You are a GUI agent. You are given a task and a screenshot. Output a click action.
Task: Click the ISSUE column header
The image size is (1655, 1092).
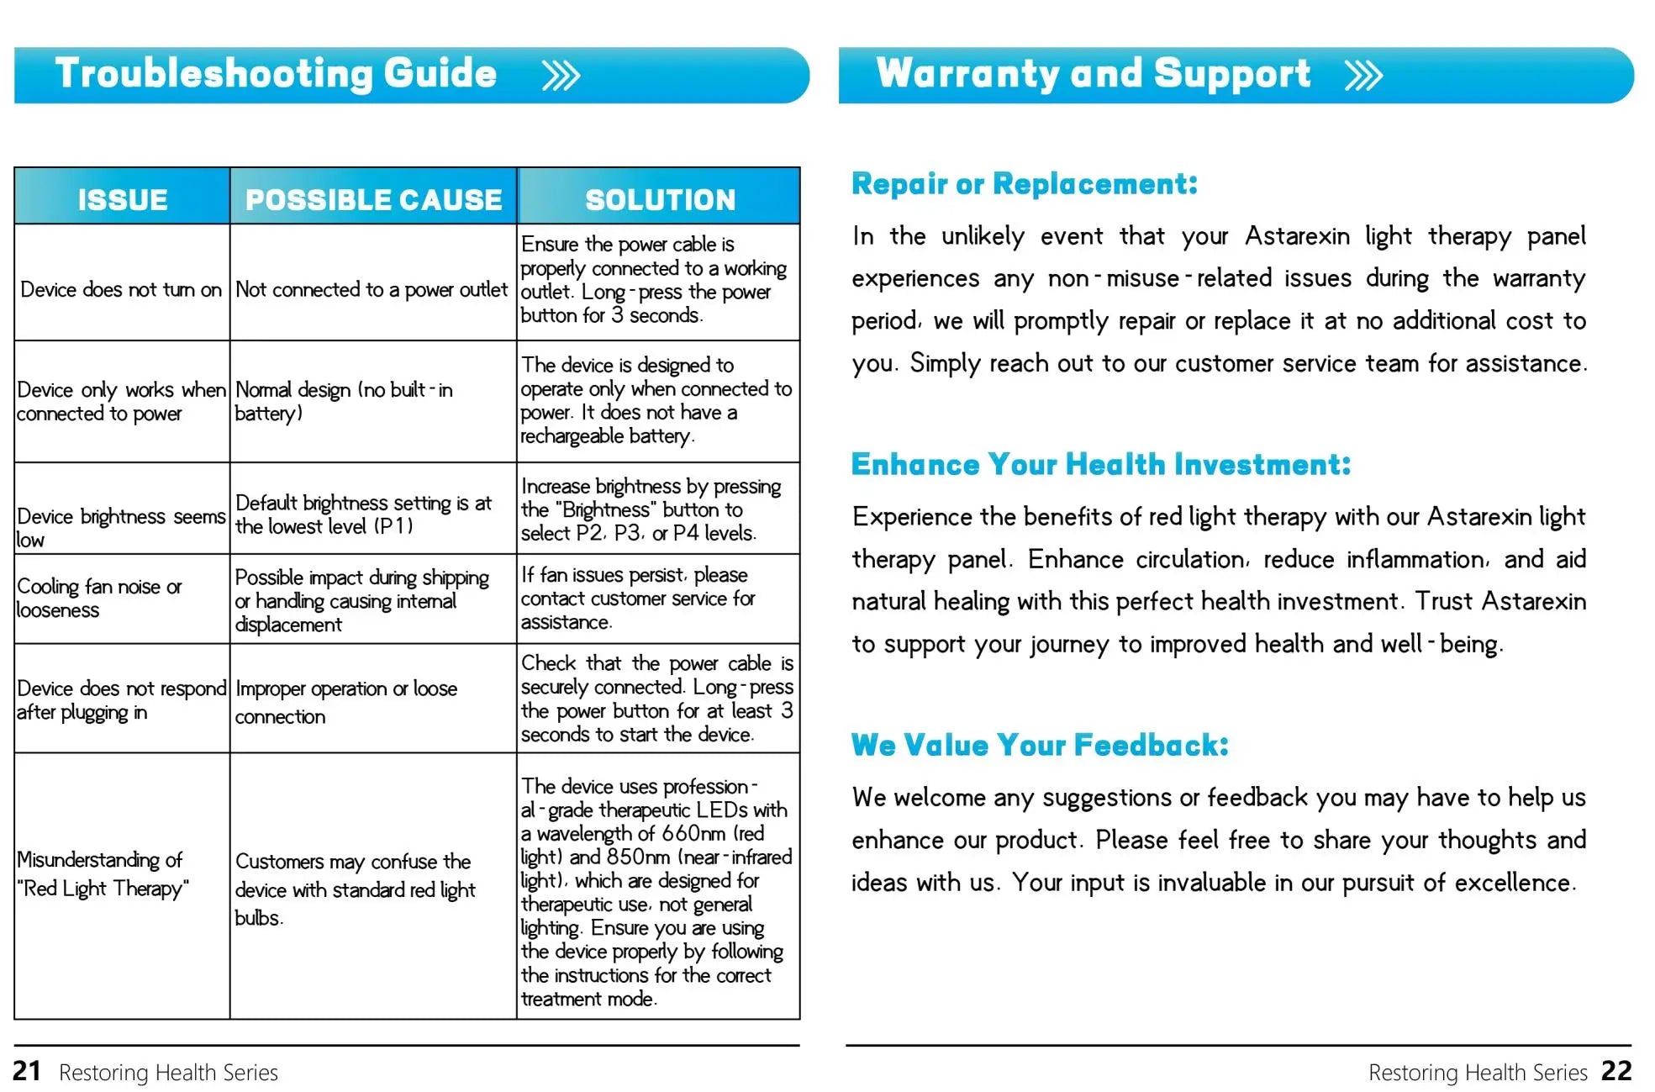tap(123, 199)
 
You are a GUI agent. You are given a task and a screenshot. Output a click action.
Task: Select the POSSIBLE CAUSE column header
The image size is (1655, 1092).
tap(373, 199)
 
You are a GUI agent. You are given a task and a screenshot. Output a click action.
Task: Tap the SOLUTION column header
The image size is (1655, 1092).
tap(660, 199)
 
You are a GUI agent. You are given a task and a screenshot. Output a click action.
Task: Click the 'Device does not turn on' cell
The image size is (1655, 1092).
tap(121, 290)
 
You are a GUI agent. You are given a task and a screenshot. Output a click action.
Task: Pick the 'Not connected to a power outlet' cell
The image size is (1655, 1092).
tap(372, 290)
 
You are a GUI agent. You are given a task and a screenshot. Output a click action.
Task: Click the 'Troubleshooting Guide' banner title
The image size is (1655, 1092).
tap(276, 74)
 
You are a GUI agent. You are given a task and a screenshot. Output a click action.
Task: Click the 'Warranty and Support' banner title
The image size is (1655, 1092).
tap(1093, 74)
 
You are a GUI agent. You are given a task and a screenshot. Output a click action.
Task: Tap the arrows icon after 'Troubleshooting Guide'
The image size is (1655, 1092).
tap(561, 76)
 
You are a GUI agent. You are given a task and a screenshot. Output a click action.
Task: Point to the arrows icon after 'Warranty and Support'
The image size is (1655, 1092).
tap(1363, 76)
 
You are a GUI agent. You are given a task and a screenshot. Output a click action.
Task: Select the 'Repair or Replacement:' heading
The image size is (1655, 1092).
tap(1024, 184)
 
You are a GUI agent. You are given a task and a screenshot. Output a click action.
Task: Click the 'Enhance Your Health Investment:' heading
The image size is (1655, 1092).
tap(1100, 465)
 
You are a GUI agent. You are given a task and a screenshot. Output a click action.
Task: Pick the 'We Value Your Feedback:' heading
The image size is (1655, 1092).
tap(1040, 746)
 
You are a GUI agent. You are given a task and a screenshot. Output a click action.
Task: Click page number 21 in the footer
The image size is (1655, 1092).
tap(27, 1071)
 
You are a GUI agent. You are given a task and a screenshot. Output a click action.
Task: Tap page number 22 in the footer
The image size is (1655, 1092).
tap(1616, 1071)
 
